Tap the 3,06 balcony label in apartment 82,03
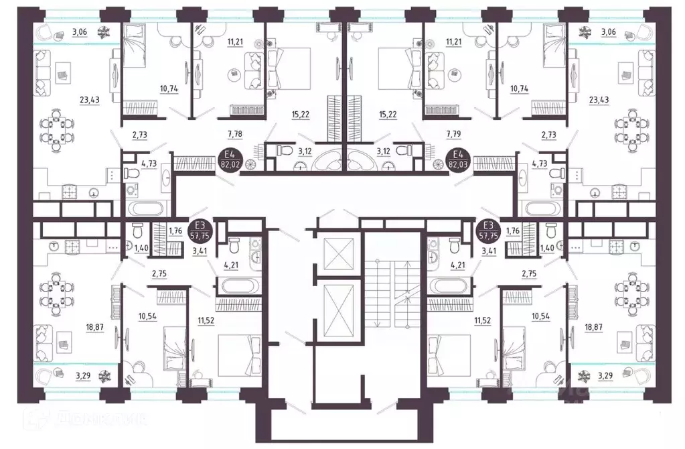(x=609, y=31)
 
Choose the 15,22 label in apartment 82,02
(x=301, y=115)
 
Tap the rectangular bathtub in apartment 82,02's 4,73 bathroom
(x=143, y=207)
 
